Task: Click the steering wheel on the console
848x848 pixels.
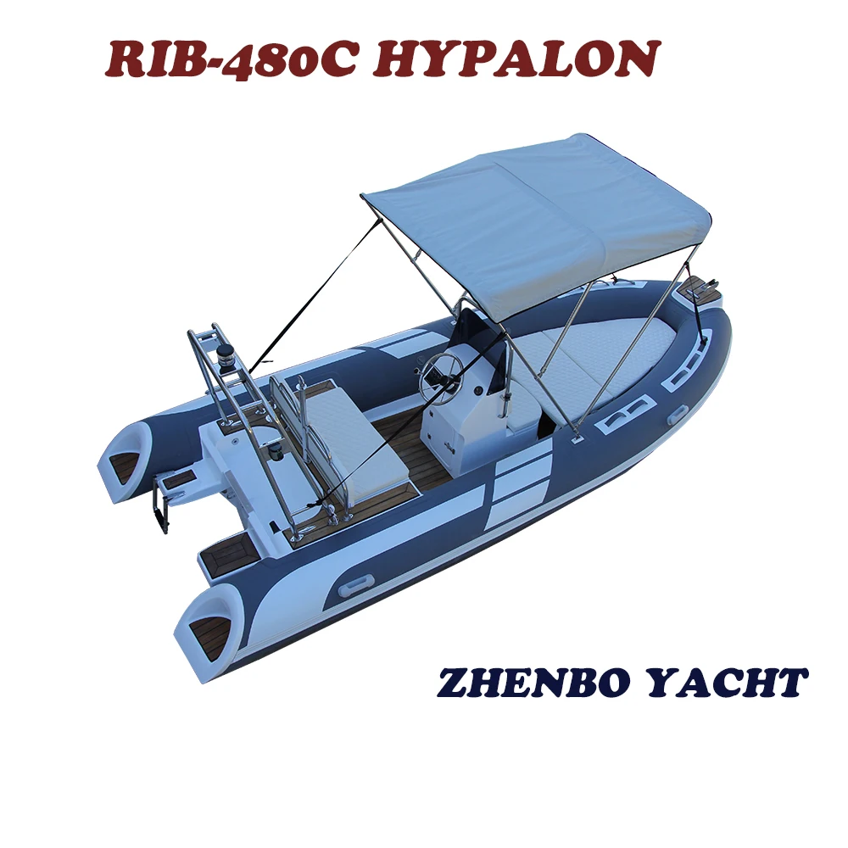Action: (x=440, y=369)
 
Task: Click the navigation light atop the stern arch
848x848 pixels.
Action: (x=226, y=353)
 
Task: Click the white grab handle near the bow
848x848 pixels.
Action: (x=676, y=415)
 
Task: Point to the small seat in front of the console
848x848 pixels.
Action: (x=519, y=410)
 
